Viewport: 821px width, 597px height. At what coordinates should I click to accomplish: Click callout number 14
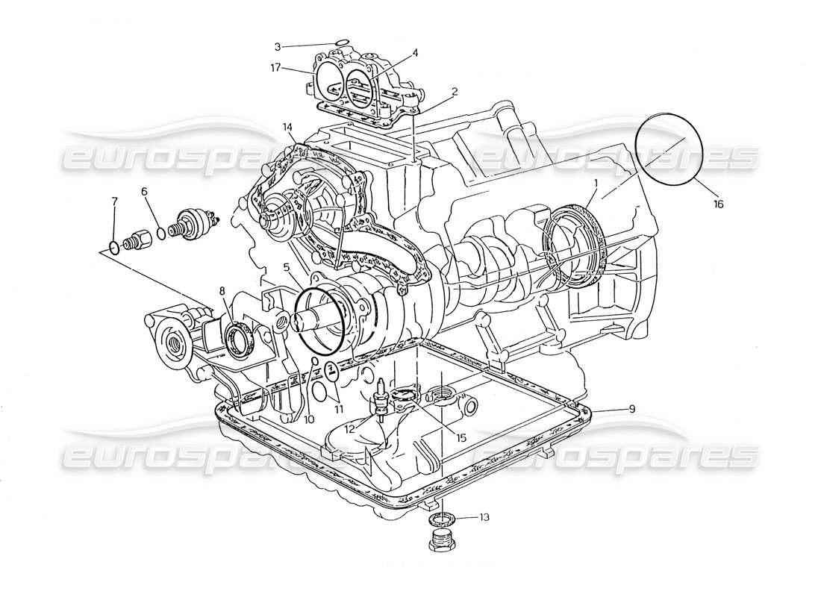tap(288, 127)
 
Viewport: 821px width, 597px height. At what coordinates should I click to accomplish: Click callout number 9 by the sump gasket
tap(631, 408)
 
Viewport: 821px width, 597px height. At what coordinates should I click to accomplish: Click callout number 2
tap(455, 92)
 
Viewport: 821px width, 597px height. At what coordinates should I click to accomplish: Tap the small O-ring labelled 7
tap(113, 246)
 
